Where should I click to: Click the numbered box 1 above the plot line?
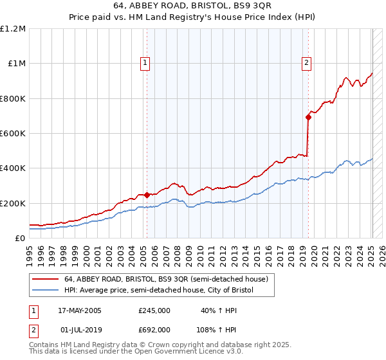tap(146, 63)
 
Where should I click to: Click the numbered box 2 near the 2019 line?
tap(306, 63)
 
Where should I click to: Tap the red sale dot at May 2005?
tap(147, 195)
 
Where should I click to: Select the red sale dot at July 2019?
tap(308, 117)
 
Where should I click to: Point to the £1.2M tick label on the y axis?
tap(13, 29)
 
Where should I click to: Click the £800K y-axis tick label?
tap(13, 98)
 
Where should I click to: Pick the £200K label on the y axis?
tap(13, 203)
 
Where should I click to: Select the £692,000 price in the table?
tap(154, 329)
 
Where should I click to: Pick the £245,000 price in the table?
tap(154, 310)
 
